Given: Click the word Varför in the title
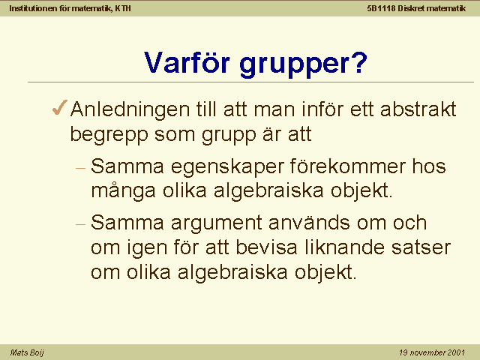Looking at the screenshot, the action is pos(187,62).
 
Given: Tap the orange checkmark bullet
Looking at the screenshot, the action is pos(60,107).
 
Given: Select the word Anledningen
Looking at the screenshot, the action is pos(130,110).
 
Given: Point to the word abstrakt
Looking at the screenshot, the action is pos(418,109).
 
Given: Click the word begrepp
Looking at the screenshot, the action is pos(109,136).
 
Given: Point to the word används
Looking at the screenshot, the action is pos(309,222).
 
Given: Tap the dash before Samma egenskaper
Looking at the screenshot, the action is pos(80,168).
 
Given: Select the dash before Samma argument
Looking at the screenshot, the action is pos(80,224).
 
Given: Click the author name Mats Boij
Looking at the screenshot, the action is pos(27,352).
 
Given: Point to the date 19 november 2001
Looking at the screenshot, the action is pos(432,352).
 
